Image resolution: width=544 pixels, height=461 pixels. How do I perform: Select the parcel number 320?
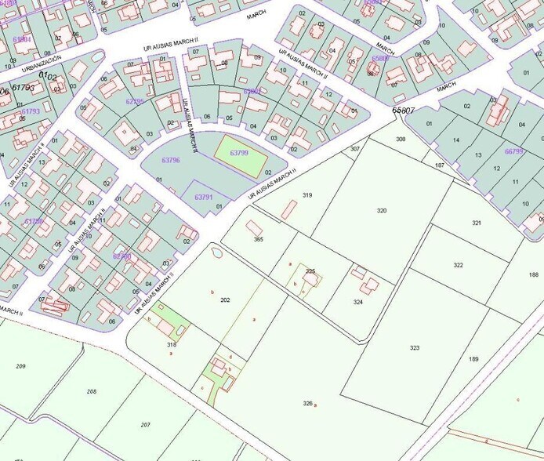382,211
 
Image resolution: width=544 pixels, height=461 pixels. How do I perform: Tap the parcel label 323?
414,347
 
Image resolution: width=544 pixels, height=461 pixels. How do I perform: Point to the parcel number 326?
307,403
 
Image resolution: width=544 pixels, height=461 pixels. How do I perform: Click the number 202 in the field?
225,300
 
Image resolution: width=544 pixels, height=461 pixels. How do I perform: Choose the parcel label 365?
258,239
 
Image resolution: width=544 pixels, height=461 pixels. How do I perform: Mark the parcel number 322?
458,265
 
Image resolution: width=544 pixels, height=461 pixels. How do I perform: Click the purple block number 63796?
170,161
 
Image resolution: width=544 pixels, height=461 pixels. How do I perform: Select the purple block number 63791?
203,198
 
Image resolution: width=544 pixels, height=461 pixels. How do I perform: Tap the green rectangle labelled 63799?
238,154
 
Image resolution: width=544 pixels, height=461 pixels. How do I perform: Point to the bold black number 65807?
403,111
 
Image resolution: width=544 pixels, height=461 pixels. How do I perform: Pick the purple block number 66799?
513,151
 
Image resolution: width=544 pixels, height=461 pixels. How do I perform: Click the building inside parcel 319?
289,209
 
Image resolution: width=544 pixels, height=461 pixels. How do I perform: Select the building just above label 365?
255,227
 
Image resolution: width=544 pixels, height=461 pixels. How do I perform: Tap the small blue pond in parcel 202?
217,252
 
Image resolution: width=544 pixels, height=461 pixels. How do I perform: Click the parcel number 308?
401,139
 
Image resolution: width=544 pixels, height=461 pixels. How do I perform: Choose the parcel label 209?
20,366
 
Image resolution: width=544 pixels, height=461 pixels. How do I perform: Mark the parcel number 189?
473,358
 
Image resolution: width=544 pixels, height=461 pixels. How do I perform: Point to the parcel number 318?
172,344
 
